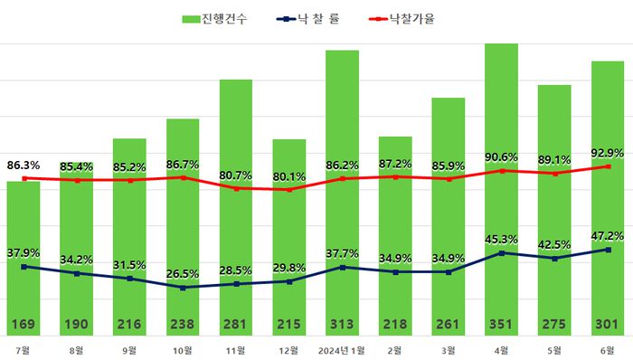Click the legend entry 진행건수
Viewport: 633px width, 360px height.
[218, 18]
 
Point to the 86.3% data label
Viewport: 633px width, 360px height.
[24, 166]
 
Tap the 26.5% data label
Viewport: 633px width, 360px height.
[183, 274]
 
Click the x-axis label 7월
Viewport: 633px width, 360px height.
[23, 349]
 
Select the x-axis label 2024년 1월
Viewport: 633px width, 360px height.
[343, 349]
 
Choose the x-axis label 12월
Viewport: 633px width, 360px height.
[288, 349]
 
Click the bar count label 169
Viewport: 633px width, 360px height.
[23, 324]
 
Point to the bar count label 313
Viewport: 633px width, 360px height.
[343, 324]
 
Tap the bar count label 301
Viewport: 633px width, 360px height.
[609, 324]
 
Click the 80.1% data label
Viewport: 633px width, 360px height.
[289, 176]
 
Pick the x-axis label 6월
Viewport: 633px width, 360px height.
[609, 349]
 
